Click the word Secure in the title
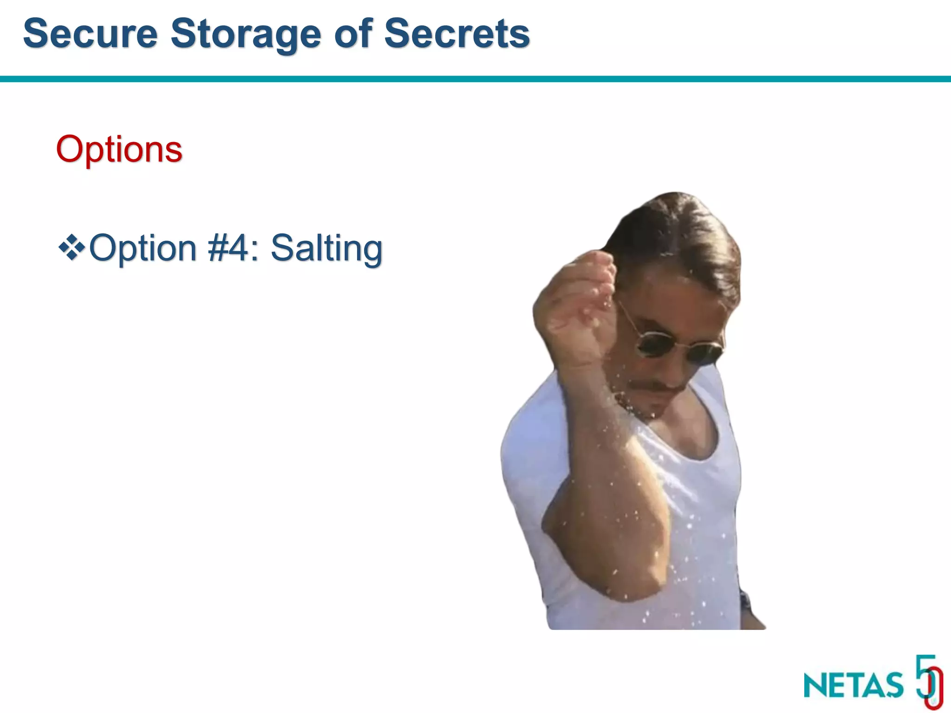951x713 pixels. coord(91,33)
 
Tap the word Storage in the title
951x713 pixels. coord(246,33)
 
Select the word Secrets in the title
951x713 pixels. coord(457,33)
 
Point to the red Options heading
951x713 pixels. coord(119,149)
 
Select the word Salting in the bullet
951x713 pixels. coord(326,248)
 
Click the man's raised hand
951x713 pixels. coord(576,297)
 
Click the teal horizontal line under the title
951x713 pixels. coord(475,79)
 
